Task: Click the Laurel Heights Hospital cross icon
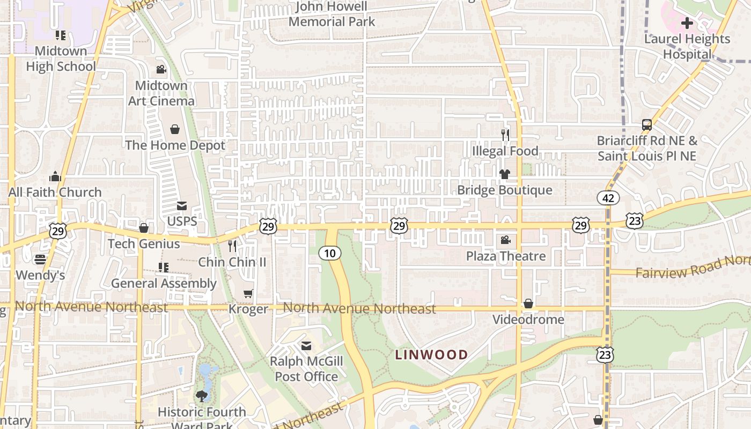(687, 23)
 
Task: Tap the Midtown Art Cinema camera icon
(161, 69)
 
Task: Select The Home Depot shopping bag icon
(175, 129)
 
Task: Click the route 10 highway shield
(330, 253)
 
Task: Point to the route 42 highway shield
(608, 198)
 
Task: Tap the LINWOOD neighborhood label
(431, 354)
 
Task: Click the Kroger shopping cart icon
(248, 293)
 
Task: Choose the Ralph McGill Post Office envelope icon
(306, 346)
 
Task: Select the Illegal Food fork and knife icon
(505, 135)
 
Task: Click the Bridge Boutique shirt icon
(505, 174)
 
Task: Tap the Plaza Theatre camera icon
(505, 240)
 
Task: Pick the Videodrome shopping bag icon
(528, 304)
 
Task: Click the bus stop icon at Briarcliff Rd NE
(647, 125)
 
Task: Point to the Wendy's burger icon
(40, 260)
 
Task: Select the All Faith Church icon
(55, 176)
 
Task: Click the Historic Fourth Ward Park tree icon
(202, 396)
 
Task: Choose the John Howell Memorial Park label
(332, 14)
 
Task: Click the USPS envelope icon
(182, 206)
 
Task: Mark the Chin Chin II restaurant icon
(232, 246)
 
